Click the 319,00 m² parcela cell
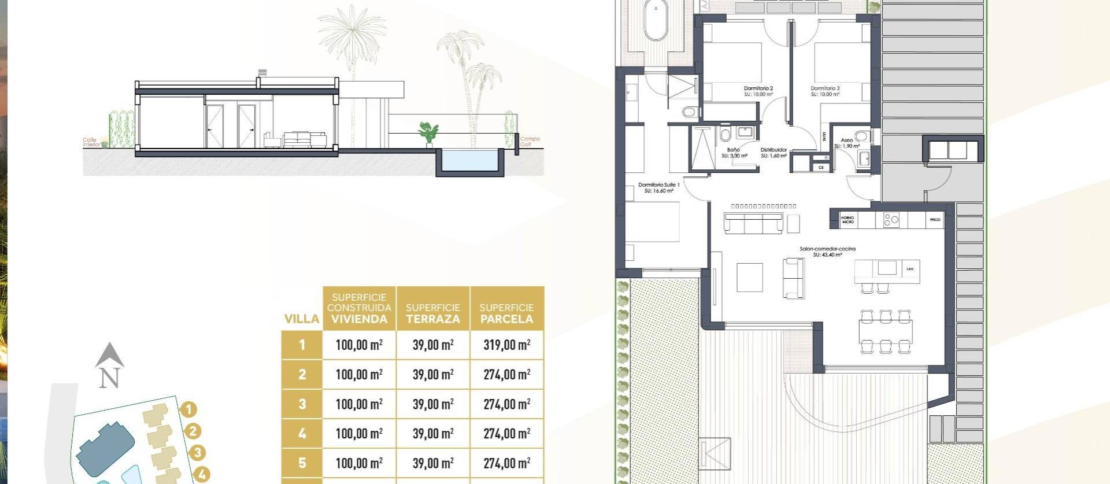pyautogui.click(x=506, y=345)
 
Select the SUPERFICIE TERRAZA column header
pyautogui.click(x=433, y=313)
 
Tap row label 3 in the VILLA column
pyautogui.click(x=302, y=404)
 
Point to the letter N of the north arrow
pyautogui.click(x=109, y=378)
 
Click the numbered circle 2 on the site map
pyautogui.click(x=193, y=431)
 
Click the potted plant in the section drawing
pyautogui.click(x=428, y=133)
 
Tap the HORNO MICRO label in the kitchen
pyautogui.click(x=848, y=220)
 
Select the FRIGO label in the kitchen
pyautogui.click(x=935, y=220)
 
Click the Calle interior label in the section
pyautogui.click(x=91, y=142)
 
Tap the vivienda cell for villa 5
pyautogui.click(x=359, y=463)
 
